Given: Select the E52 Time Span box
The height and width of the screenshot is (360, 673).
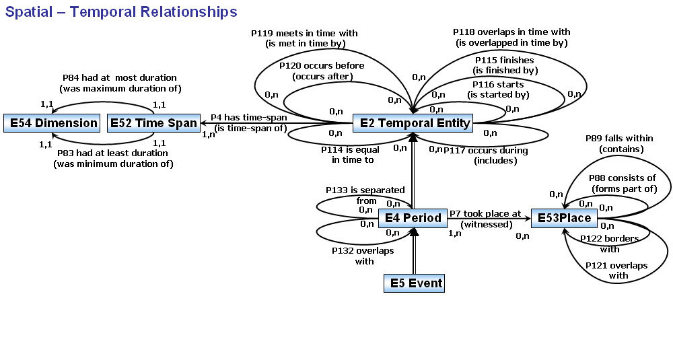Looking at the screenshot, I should pyautogui.click(x=153, y=123).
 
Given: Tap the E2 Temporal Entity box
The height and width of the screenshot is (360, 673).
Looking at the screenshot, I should pyautogui.click(x=413, y=123).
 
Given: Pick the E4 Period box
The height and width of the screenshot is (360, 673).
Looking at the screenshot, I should pyautogui.click(x=413, y=218).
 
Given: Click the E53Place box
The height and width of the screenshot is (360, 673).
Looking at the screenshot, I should pyautogui.click(x=563, y=218).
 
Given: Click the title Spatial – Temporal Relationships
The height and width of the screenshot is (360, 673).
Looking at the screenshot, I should pyautogui.click(x=121, y=12).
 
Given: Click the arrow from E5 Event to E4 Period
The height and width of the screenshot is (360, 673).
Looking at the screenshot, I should pyautogui.click(x=414, y=252).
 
